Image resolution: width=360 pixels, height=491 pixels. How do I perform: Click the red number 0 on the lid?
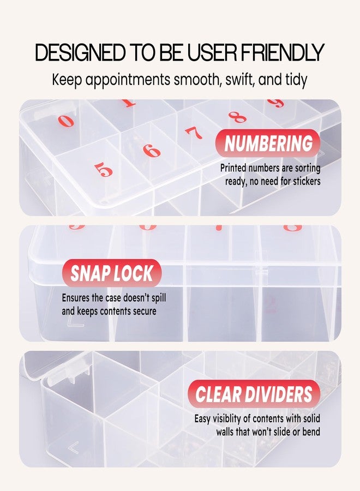pos(65,121)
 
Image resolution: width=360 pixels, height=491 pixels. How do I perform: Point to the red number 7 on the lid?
pos(194,133)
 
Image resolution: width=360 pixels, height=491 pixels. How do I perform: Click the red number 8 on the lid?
pos(237,117)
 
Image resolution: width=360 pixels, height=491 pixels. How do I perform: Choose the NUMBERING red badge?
pos(268,143)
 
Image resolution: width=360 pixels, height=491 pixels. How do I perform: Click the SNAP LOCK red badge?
pos(112,273)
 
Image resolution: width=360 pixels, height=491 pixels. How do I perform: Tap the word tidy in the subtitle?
pos(295,80)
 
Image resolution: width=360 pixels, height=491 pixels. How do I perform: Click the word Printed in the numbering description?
pos(235,169)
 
